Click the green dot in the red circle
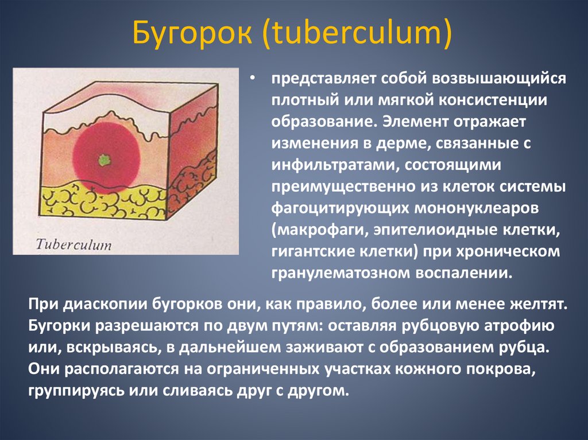click(104, 160)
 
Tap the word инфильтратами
click(336, 165)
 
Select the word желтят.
click(536, 305)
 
